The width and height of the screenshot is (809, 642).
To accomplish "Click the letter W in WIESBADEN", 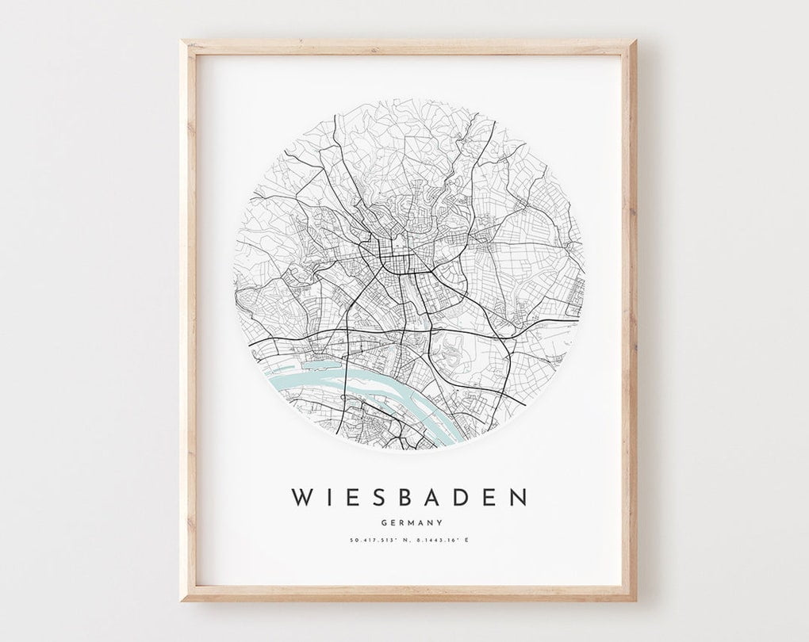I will point(304,497).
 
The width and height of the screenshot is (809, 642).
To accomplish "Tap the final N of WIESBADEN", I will point(517,497).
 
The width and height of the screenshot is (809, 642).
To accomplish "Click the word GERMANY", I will point(411,522).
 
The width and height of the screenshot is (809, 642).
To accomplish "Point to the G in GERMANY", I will point(385,522).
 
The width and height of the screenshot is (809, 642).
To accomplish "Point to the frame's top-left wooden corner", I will point(186,45).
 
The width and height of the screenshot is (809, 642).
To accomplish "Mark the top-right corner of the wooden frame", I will point(631,45).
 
